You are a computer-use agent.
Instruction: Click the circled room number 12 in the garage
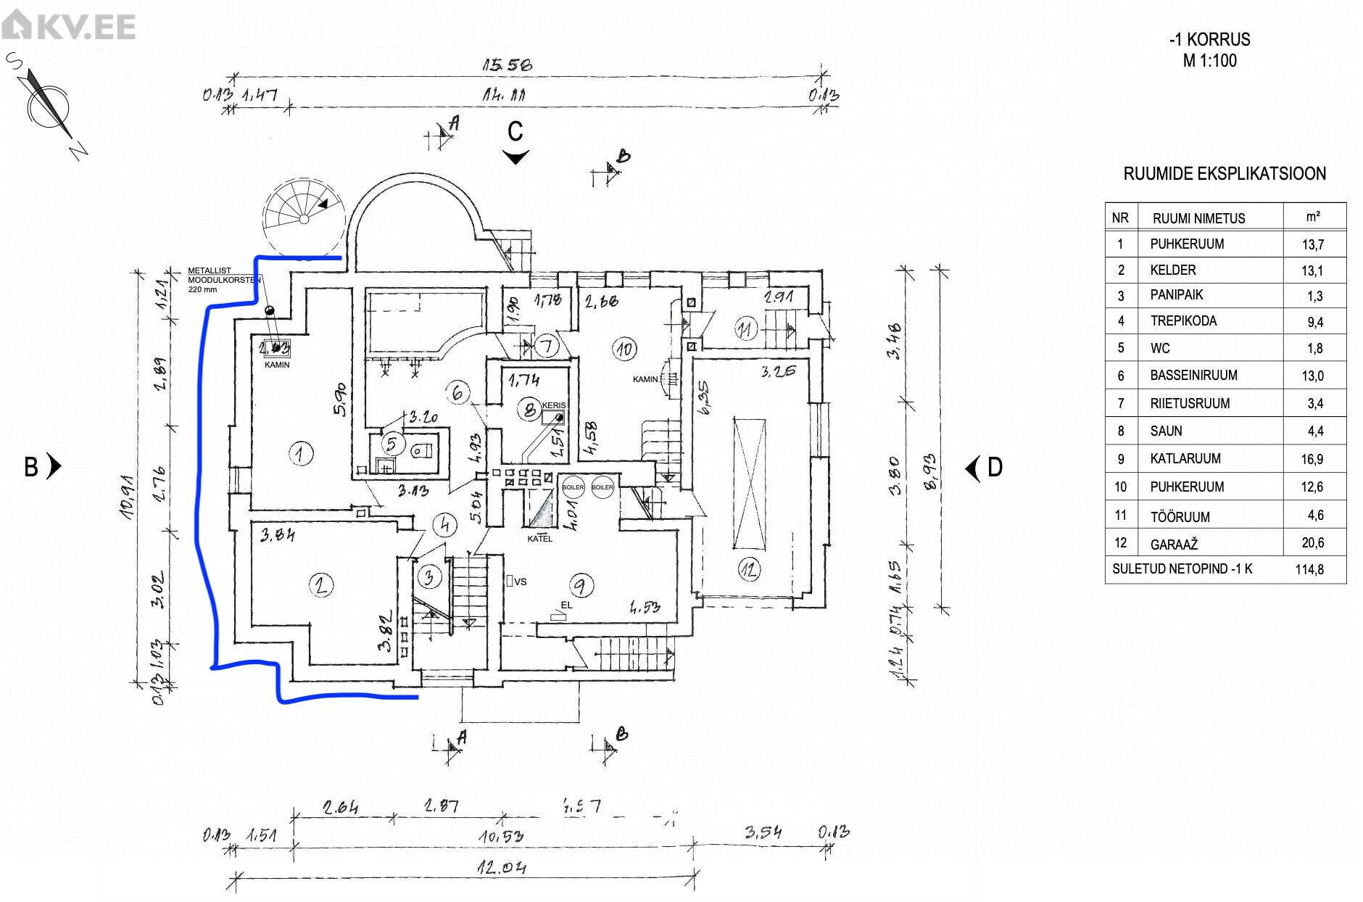pyautogui.click(x=749, y=570)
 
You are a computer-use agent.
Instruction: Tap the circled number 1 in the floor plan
pyautogui.click(x=299, y=455)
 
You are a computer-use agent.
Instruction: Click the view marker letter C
pyautogui.click(x=515, y=132)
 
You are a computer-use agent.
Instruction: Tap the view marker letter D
pyautogui.click(x=995, y=468)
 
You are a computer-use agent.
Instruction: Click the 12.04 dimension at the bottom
pyautogui.click(x=501, y=867)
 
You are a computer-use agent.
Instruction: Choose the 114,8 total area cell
pyautogui.click(x=1309, y=570)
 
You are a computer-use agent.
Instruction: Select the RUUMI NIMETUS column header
pyautogui.click(x=1198, y=218)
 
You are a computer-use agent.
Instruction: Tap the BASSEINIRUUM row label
pyautogui.click(x=1193, y=376)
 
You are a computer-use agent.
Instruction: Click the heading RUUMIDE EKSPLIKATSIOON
pyautogui.click(x=1225, y=174)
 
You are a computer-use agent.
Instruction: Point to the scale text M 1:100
pyautogui.click(x=1210, y=61)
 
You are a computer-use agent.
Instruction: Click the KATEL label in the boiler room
pyautogui.click(x=539, y=539)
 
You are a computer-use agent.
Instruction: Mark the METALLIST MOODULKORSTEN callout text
pyautogui.click(x=210, y=279)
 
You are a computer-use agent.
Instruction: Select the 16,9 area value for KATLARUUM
pyautogui.click(x=1312, y=459)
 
